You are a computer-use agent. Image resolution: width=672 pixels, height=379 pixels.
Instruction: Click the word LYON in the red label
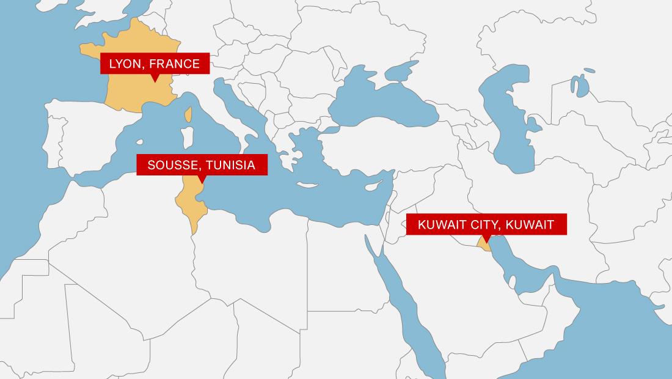coord(125,63)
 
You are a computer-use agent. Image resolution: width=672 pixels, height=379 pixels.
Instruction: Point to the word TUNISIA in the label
coord(231,165)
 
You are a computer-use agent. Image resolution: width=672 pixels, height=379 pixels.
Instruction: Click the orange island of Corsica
coord(189,114)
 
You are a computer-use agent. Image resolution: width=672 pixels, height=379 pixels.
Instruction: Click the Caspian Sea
coord(507,122)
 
